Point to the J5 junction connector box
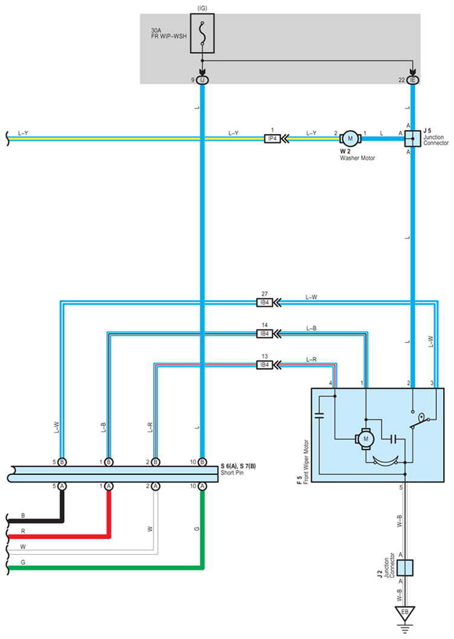coord(412,139)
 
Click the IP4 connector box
coord(272,139)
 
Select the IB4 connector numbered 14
coord(264,333)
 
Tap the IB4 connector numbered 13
coord(264,365)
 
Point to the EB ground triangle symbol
coord(404,612)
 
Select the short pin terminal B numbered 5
coord(62,462)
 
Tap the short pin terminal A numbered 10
coord(203,485)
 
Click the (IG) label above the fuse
coord(202,8)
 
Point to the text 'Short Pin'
coord(232,472)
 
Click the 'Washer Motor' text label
coord(358,158)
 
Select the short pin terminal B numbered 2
coord(155,462)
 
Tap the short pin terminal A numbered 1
coord(109,485)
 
